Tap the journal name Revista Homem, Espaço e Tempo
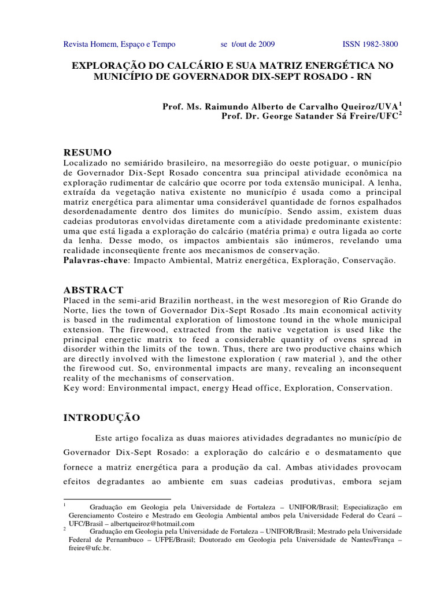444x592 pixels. click(x=119, y=45)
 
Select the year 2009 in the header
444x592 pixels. click(x=266, y=45)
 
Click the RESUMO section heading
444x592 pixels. click(x=87, y=152)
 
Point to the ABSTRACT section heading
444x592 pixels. click(x=92, y=290)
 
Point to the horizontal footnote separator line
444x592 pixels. click(x=117, y=499)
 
